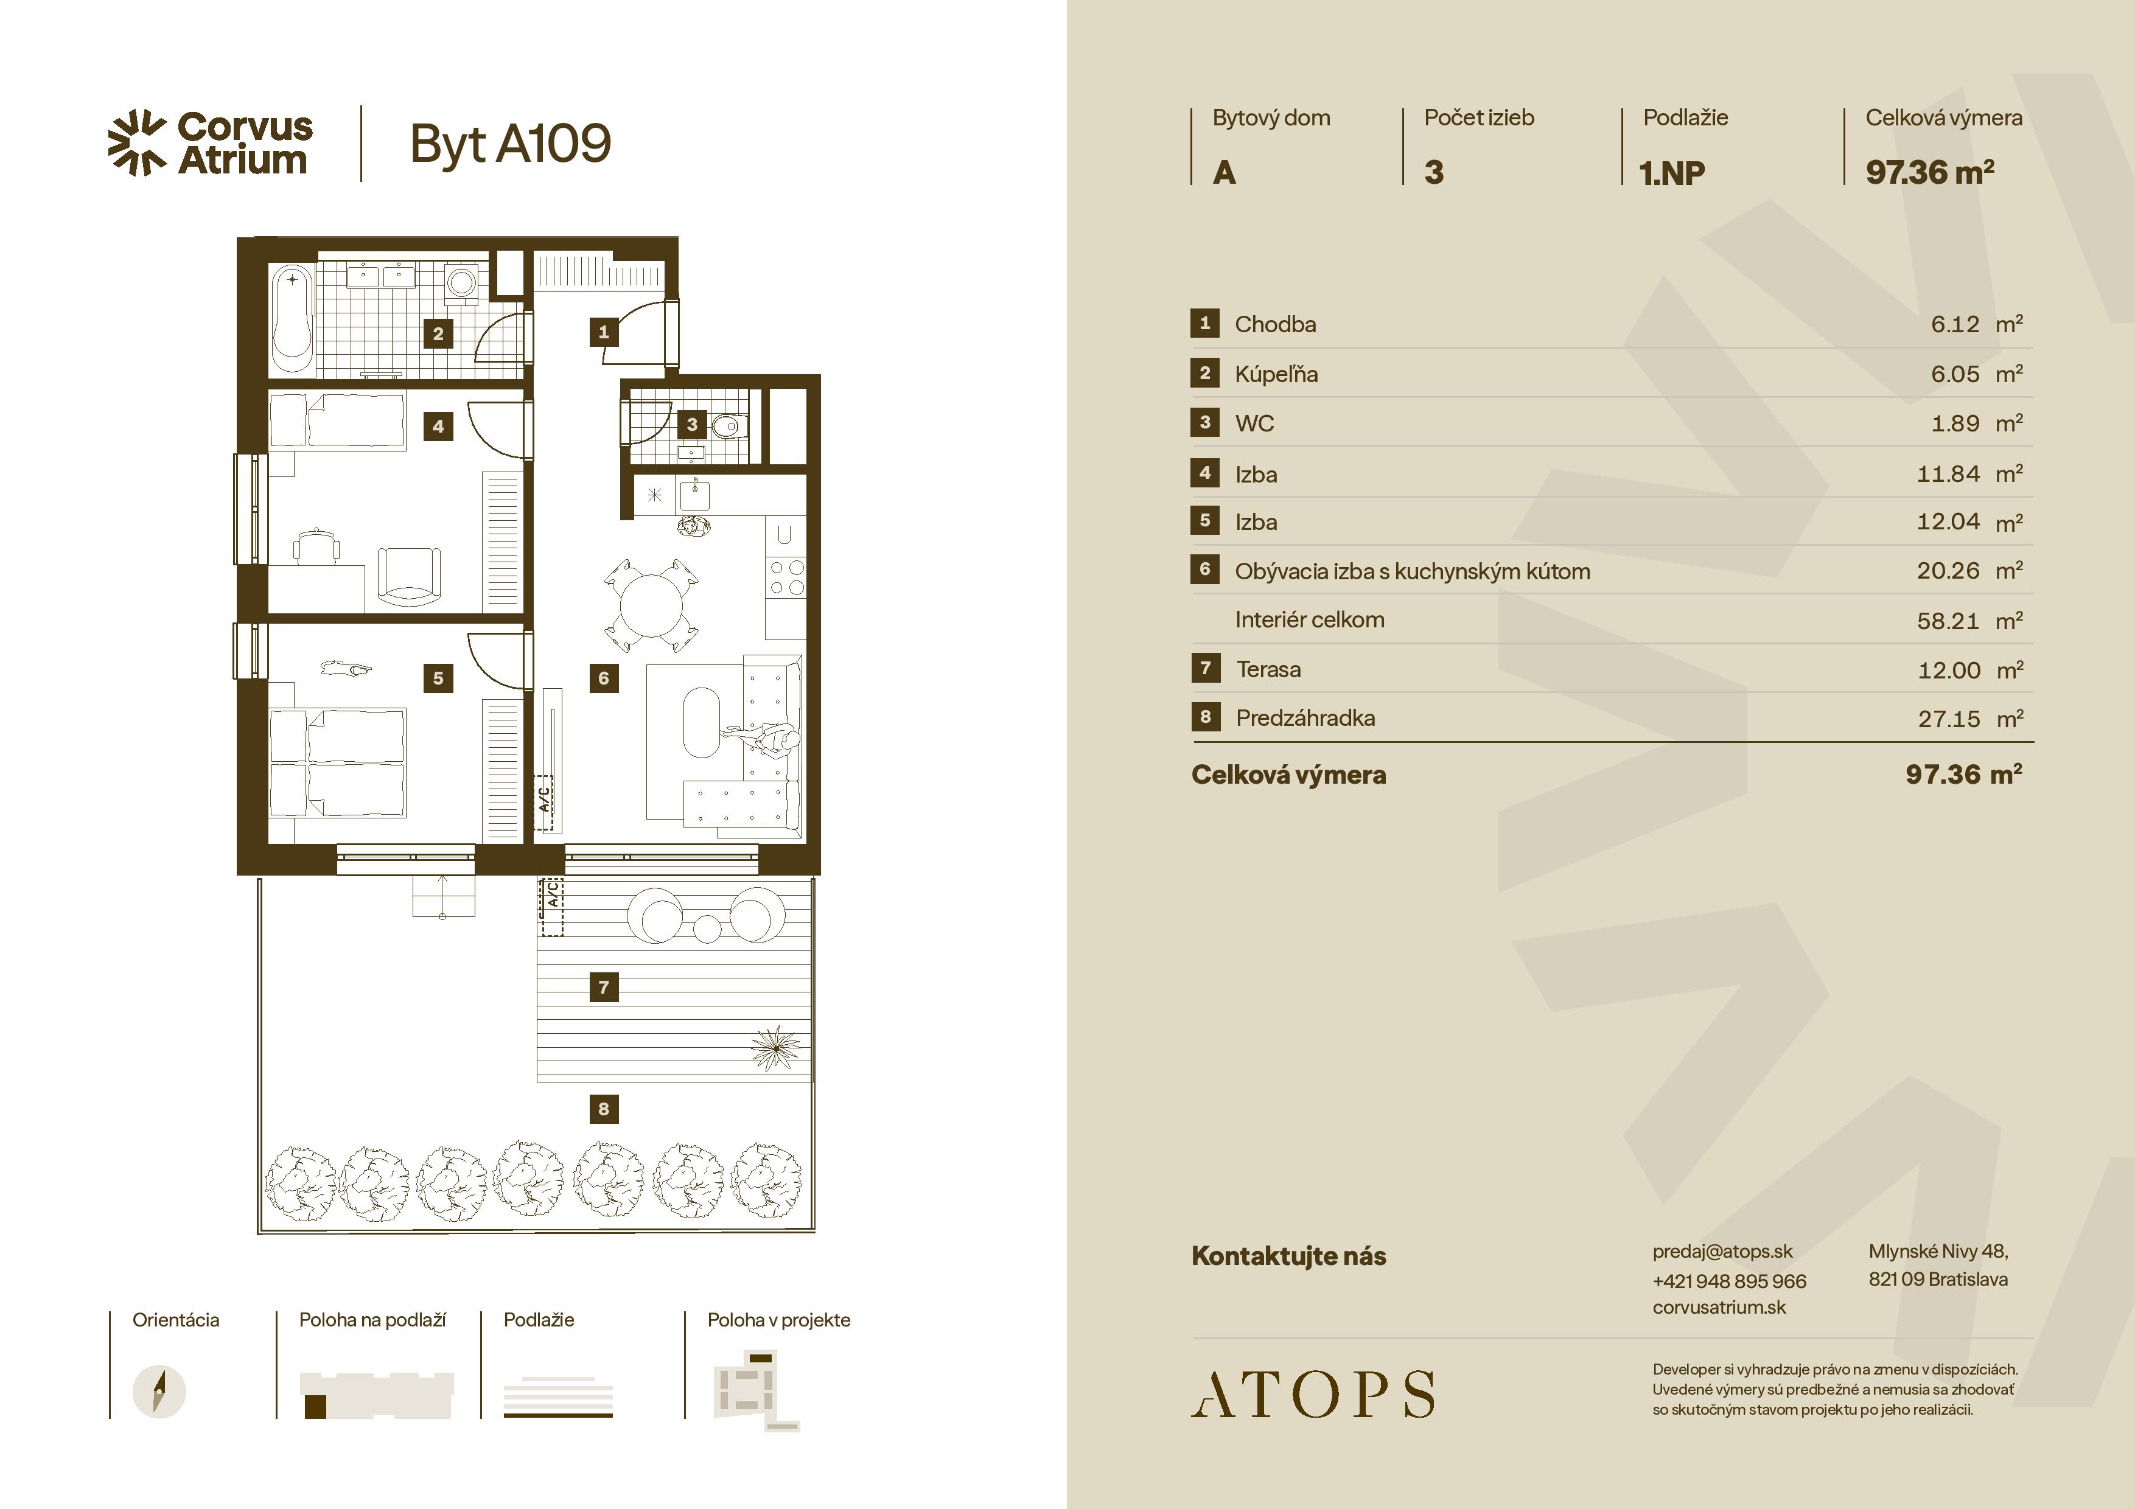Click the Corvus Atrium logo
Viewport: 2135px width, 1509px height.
coord(210,143)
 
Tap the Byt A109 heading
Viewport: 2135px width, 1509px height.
coord(511,144)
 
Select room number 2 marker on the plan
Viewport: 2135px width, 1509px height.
coord(438,333)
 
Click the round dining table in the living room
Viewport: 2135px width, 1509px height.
coord(652,604)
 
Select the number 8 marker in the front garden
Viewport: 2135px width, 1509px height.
coord(604,1108)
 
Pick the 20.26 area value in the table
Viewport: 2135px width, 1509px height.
coord(1948,571)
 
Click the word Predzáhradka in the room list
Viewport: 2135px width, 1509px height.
coord(1305,718)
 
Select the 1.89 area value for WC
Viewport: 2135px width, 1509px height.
coord(1955,424)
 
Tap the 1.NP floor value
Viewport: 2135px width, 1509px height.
coord(1672,173)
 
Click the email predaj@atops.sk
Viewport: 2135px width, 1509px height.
coord(1722,1252)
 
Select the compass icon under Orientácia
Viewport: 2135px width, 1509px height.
coord(159,1392)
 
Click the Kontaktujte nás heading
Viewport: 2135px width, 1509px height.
coord(1289,1256)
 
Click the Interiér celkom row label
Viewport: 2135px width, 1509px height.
coord(1309,619)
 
